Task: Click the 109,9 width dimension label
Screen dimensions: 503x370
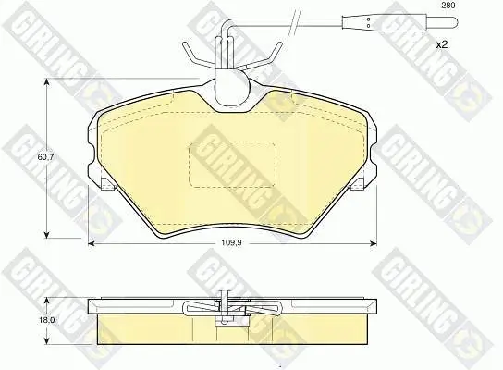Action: pos(231,242)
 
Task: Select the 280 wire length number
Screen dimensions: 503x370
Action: pos(448,6)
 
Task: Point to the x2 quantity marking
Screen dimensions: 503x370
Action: pos(441,44)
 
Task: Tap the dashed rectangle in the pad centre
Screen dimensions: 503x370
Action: pos(233,165)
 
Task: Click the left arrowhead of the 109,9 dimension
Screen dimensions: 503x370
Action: pos(92,243)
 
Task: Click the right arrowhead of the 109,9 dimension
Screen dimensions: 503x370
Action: pos(373,243)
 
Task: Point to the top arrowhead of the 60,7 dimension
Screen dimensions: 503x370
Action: pos(47,82)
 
